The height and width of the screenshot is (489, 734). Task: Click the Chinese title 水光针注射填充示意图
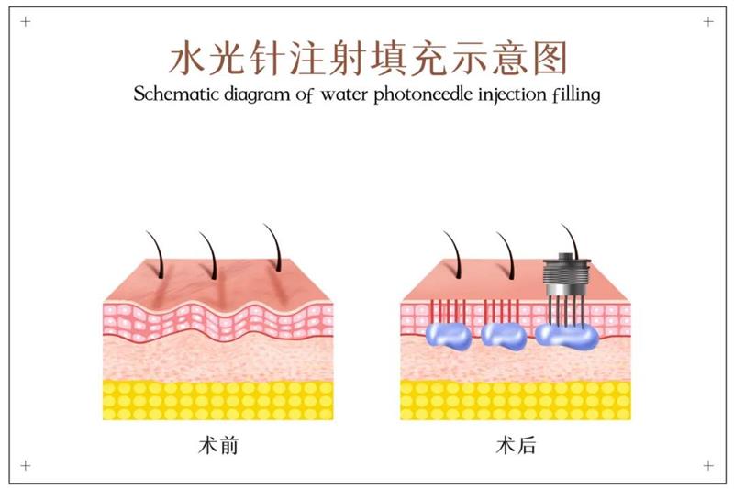(x=367, y=57)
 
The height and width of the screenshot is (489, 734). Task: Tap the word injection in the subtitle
(x=506, y=94)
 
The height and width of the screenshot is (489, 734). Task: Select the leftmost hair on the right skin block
(x=455, y=252)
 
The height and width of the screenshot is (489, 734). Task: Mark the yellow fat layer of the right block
(x=515, y=399)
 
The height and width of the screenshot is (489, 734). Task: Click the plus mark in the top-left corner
(x=25, y=21)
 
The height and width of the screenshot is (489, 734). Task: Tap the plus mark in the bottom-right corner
(x=707, y=466)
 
